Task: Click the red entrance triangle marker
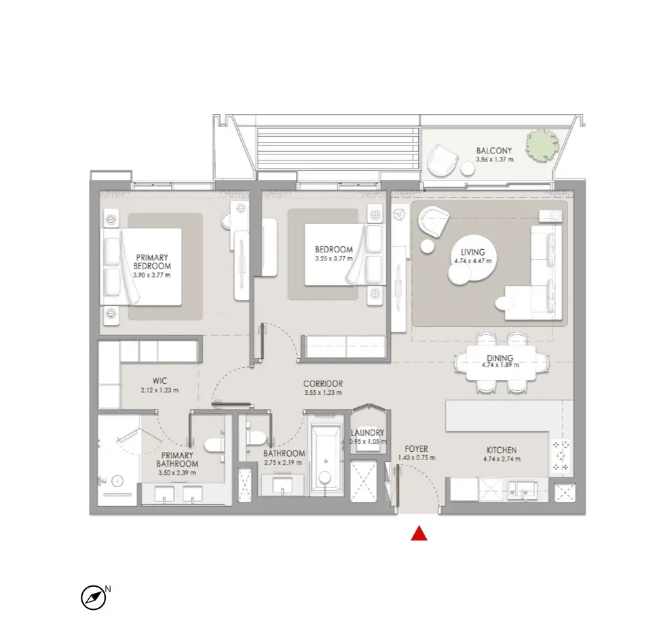pos(419,533)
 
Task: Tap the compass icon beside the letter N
pos(93,598)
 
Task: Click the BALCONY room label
pos(494,151)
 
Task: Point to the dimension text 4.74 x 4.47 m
pos(473,261)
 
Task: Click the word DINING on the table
pos(500,358)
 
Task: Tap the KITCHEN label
pos(502,450)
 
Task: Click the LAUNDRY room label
pos(368,433)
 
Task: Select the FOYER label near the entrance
pos(416,449)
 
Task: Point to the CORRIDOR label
pos(323,383)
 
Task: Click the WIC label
pos(159,381)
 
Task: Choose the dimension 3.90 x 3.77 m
pos(152,275)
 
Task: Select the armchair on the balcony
pos(442,161)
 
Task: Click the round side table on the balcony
pos(468,169)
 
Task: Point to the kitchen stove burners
pos(561,455)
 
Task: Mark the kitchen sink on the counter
pos(522,489)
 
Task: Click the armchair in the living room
pos(434,220)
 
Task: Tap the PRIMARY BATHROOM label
pos(177,459)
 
